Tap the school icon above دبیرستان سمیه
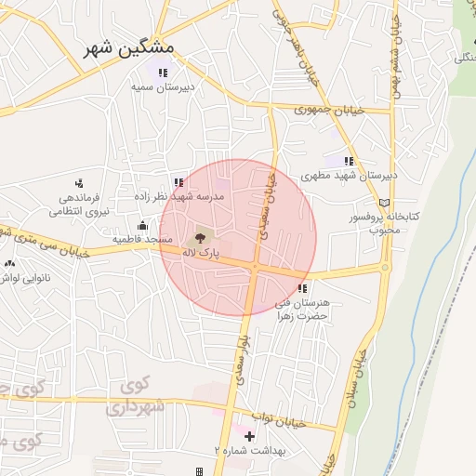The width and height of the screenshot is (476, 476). [x=163, y=73]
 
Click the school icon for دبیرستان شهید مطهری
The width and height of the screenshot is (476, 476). [x=349, y=161]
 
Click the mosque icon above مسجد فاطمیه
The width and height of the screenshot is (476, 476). [x=141, y=225]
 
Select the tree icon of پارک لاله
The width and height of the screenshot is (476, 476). [x=204, y=237]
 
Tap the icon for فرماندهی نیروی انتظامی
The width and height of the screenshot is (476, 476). [x=79, y=183]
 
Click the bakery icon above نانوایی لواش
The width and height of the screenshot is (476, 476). [x=10, y=263]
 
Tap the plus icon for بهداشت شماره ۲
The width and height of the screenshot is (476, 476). [x=249, y=436]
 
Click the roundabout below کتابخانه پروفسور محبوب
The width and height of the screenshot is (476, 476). [x=384, y=268]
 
